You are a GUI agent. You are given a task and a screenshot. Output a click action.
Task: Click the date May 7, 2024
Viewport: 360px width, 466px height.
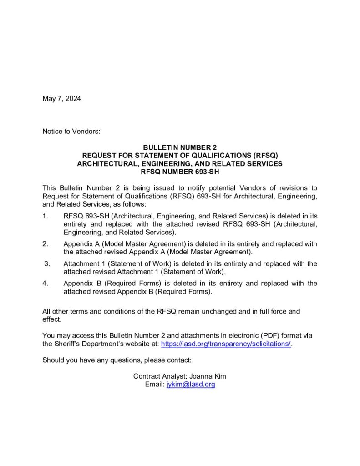click(x=61, y=99)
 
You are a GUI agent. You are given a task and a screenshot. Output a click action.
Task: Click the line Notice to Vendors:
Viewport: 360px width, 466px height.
click(x=71, y=132)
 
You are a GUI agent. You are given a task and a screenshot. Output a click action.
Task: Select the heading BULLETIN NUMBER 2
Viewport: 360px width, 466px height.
click(x=180, y=147)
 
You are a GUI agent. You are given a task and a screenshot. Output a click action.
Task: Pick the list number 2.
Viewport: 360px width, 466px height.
click(x=45, y=244)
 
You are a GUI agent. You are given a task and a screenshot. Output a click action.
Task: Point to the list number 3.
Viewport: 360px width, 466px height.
click(x=46, y=263)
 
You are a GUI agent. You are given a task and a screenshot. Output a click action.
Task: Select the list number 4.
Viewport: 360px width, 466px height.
click(x=45, y=283)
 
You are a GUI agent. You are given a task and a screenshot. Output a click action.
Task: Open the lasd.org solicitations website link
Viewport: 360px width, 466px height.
click(x=226, y=344)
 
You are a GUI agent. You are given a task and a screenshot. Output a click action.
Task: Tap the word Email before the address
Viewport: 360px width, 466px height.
click(x=154, y=385)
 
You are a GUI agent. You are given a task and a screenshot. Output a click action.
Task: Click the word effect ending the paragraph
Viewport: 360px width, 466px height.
click(x=51, y=319)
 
